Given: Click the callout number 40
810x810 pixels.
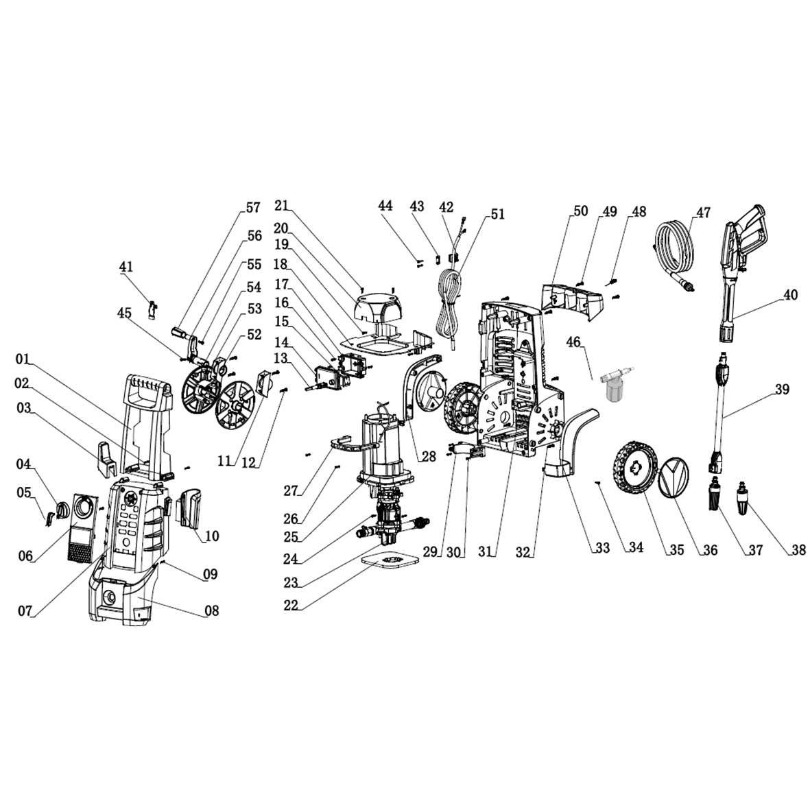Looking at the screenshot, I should [790, 296].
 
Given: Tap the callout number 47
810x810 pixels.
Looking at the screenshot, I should [703, 212].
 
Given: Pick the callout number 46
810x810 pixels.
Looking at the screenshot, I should [573, 341].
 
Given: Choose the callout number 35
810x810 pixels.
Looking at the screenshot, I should [678, 550].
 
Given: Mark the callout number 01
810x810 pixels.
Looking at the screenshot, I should [24, 359].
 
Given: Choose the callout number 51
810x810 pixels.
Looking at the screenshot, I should [497, 215].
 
